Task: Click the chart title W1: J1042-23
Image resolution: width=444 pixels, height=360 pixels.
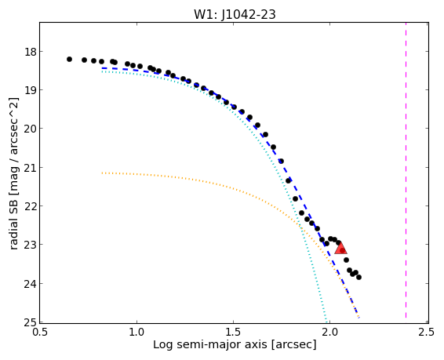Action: (235, 14)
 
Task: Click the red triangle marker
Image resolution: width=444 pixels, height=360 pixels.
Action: (340, 248)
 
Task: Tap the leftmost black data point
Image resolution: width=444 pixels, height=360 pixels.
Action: (69, 59)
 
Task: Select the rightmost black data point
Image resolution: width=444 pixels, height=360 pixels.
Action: (358, 277)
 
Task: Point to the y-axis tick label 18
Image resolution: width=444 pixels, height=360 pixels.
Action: (31, 52)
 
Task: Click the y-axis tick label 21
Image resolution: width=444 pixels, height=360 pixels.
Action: (31, 168)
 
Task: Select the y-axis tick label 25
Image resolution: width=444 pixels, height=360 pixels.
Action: (31, 322)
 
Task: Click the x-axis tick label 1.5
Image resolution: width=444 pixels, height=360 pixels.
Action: (233, 332)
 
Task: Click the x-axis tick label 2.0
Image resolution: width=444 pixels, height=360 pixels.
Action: (330, 332)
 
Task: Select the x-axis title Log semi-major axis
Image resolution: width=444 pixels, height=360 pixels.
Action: (210, 345)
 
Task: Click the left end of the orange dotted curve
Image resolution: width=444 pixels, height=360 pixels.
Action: (102, 173)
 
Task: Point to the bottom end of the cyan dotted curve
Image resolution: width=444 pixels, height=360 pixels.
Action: (326, 322)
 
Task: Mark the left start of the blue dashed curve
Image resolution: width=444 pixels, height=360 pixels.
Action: (102, 68)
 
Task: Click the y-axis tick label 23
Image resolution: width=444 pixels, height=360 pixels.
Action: (31, 245)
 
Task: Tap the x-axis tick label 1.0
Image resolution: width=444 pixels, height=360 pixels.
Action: (136, 332)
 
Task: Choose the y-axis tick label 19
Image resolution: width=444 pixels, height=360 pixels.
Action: (31, 90)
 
